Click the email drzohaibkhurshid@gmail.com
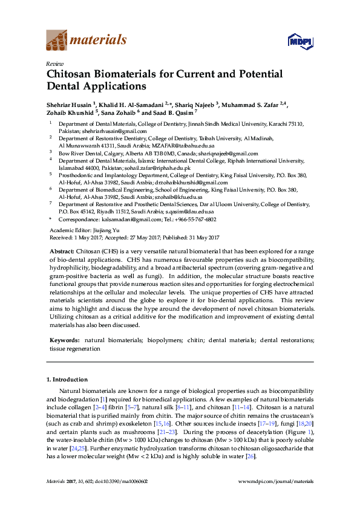tap(188, 183)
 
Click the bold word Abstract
tap(61, 251)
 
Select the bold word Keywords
tap(64, 341)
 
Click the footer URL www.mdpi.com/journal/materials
tap(277, 481)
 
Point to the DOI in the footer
tap(126, 481)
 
